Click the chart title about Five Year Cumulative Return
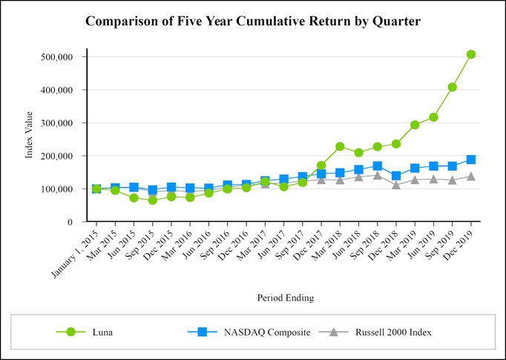pos(253,22)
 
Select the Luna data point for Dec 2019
pos(471,54)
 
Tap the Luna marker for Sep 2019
pos(453,87)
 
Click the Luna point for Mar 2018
pos(340,146)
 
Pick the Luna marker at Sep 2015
pos(152,200)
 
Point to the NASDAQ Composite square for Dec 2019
pos(471,160)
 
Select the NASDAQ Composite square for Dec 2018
pos(396,176)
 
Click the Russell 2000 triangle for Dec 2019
pos(471,177)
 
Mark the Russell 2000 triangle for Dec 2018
pos(396,185)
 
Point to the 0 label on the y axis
pos(69,222)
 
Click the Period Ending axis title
pos(286,298)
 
